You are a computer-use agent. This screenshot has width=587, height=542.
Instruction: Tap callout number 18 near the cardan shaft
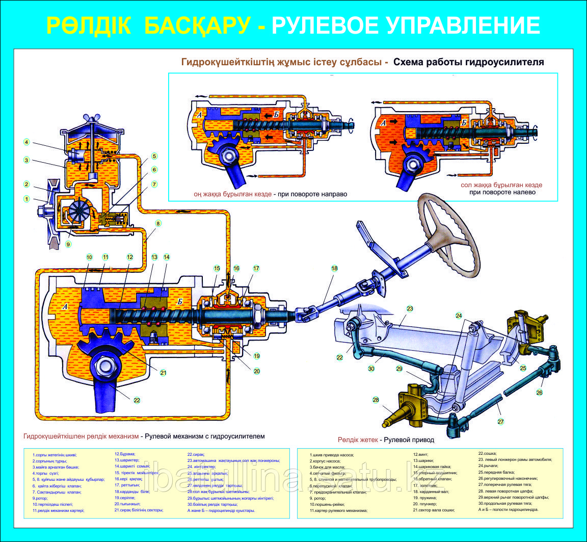pos(334,268)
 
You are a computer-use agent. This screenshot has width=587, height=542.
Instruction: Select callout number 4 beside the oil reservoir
pos(26,142)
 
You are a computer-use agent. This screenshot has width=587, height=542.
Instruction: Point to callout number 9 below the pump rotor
pos(68,244)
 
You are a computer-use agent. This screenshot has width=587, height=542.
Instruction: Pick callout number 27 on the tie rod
pos(500,422)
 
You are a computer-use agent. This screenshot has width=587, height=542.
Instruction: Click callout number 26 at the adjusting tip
pos(539,393)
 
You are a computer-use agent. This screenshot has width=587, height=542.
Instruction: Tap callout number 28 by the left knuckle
pos(376,400)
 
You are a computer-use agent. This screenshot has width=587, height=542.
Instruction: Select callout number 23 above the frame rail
pos(409,308)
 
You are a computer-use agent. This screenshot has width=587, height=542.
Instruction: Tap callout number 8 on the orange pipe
pos(158,223)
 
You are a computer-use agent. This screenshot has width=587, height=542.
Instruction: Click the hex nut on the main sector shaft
pos(104,366)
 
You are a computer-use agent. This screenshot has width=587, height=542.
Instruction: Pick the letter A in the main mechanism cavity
pos(65,307)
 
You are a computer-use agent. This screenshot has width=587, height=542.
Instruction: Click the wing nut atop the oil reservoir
pos(91,119)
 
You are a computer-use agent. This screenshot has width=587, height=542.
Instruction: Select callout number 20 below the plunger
pos(257,371)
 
